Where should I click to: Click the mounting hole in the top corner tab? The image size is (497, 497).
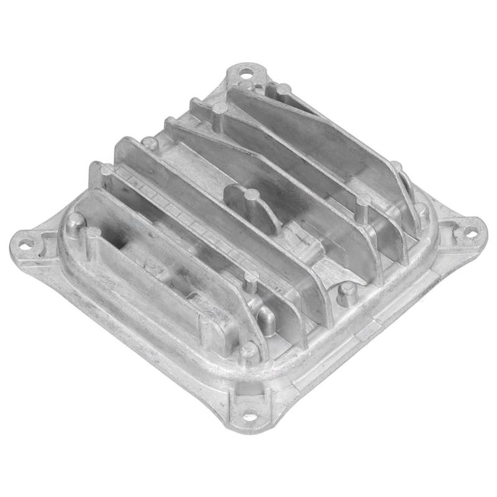coord(247,75)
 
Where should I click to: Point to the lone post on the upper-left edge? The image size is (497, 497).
coord(150,144)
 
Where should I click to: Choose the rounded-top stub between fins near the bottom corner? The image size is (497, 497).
coord(267,320)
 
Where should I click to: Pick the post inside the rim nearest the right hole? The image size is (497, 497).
coord(422,211)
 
